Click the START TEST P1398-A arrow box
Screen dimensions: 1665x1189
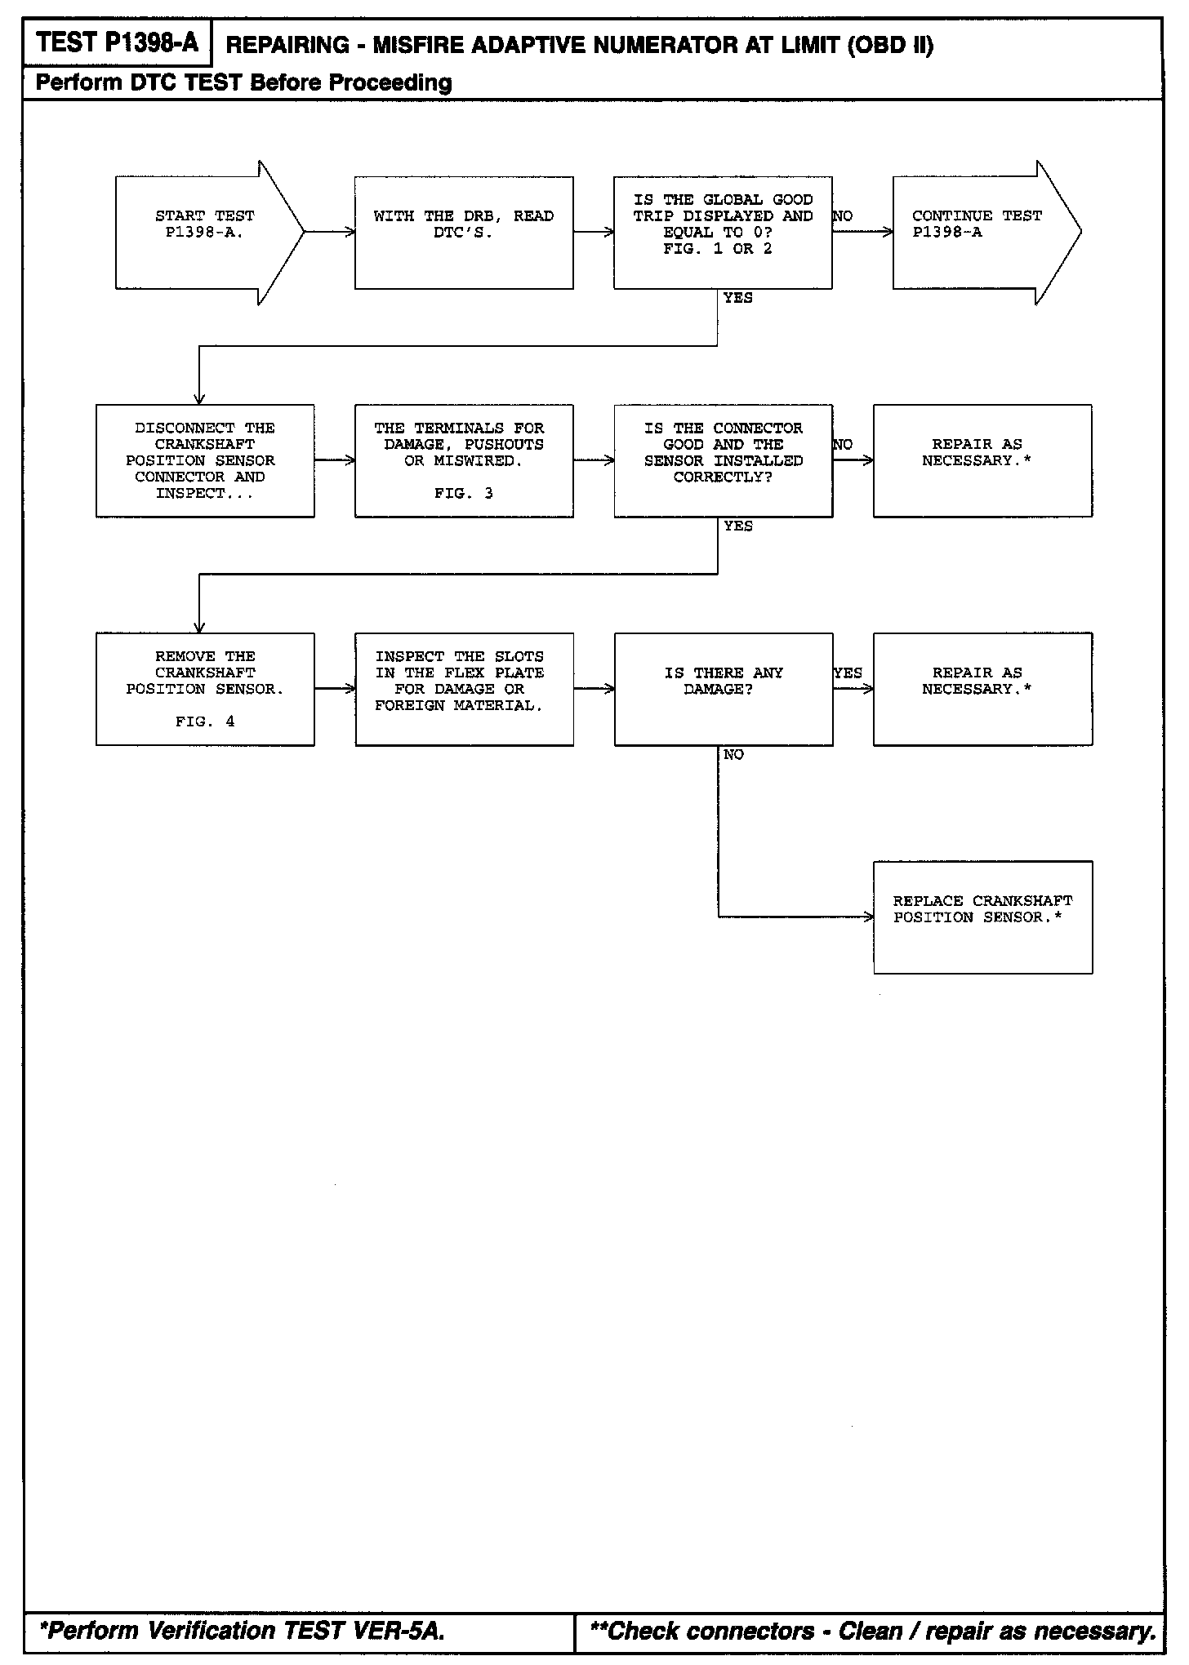point(204,233)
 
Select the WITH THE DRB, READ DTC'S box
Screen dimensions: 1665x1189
point(464,233)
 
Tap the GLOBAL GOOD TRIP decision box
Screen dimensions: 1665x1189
point(723,233)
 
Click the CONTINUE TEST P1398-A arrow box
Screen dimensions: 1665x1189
point(980,233)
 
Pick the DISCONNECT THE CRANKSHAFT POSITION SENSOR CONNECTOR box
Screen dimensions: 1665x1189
point(205,460)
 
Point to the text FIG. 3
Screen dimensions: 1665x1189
point(464,494)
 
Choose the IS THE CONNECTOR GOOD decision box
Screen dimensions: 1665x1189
point(723,460)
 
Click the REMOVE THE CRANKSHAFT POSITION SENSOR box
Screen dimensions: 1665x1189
point(205,689)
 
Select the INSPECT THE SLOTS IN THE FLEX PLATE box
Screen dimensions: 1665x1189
point(464,689)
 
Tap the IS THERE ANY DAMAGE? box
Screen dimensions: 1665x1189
point(723,689)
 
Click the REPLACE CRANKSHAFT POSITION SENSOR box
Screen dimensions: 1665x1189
point(982,917)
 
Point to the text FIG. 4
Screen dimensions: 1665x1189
point(205,722)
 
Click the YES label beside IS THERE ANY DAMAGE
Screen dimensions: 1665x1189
point(848,673)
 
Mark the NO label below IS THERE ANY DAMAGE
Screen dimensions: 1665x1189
point(733,755)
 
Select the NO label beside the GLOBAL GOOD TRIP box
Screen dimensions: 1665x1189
point(843,216)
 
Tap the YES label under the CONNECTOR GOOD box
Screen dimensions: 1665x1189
point(738,526)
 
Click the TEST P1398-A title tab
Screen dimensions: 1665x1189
point(118,42)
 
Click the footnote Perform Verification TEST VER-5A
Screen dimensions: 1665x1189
point(243,1631)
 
